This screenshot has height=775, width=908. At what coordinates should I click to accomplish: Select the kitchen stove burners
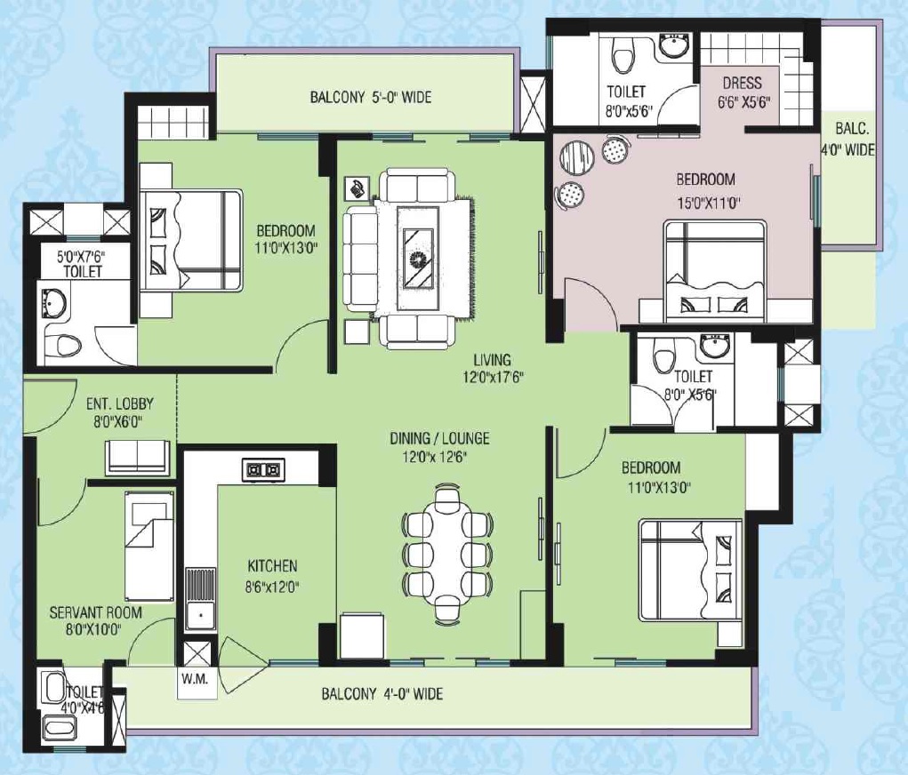click(262, 469)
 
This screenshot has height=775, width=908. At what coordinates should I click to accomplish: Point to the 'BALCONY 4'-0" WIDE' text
click(382, 693)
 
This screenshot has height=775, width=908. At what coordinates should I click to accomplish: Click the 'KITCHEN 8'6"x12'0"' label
click(272, 574)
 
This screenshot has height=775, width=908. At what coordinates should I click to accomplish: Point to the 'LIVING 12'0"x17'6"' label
click(492, 368)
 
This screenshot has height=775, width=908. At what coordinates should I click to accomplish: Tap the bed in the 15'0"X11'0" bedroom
click(713, 272)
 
